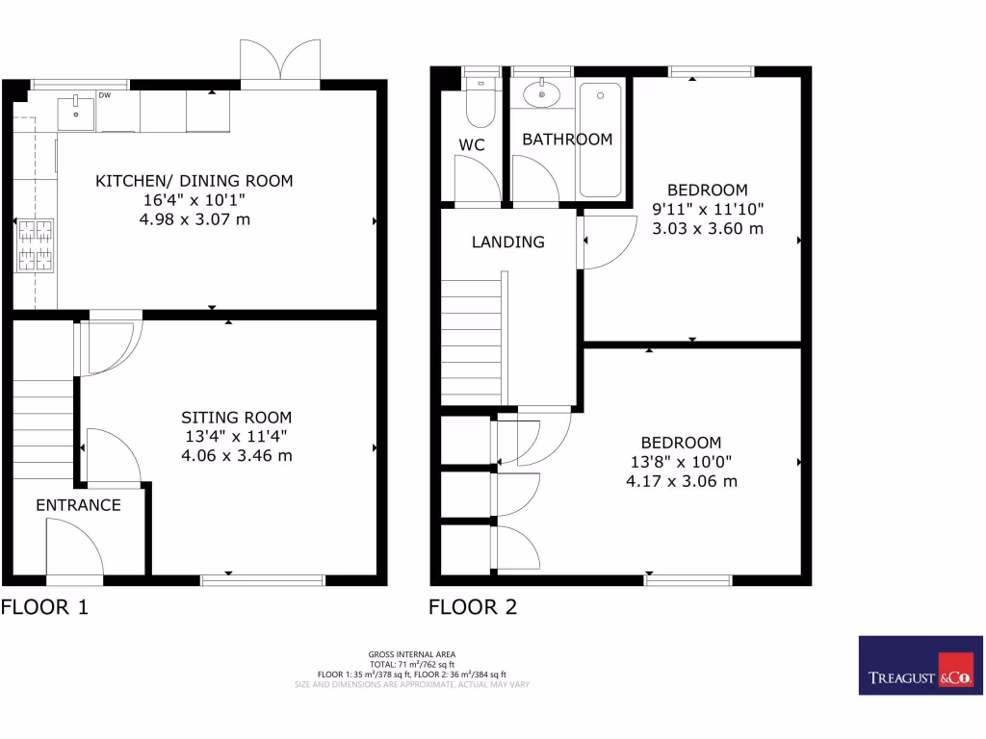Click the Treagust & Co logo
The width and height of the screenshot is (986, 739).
pos(921,666)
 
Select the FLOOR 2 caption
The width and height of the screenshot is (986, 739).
pos(473,607)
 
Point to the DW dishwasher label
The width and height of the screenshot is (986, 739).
pos(104,96)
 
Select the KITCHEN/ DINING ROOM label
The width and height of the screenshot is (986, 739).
pos(194,181)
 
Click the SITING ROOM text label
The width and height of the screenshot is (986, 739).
pos(236,418)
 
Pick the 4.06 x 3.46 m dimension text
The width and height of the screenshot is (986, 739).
pos(236,455)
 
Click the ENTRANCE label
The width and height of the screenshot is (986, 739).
pos(78,505)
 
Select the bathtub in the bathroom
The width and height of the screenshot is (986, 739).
pos(601,140)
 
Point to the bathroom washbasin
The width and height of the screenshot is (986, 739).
pos(543,94)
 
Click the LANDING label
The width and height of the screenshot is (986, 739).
pos(507,242)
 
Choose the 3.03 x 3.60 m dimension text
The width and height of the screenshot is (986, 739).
pos(707,228)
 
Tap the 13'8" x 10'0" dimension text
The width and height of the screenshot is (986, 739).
pos(681,462)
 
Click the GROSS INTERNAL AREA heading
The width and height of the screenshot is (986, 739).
pos(411,654)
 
